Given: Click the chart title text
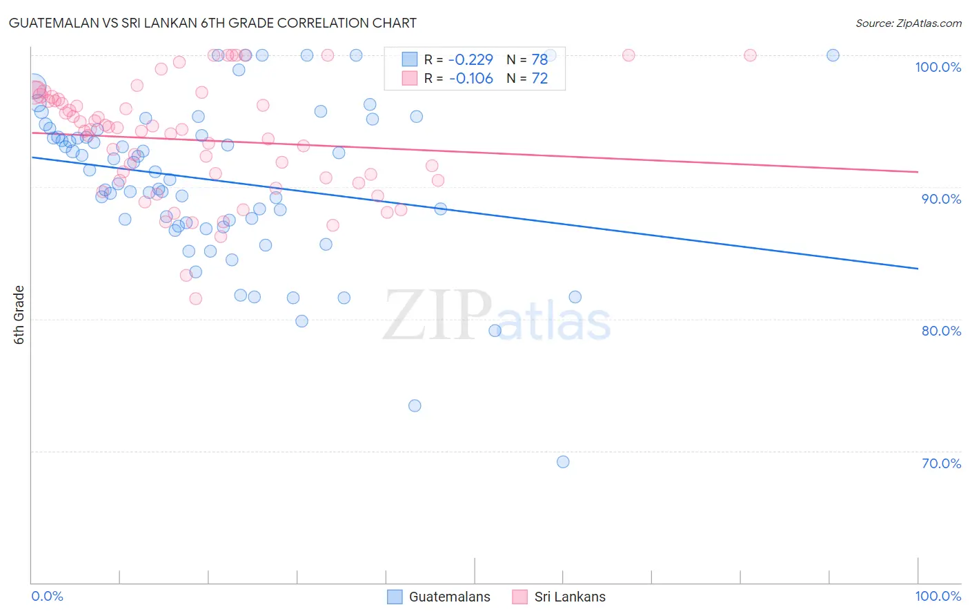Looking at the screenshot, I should (212, 23).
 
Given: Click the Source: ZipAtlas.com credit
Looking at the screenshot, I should (908, 23).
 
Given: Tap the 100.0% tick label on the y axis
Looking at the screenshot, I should (938, 67).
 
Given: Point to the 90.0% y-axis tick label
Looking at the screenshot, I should (941, 199).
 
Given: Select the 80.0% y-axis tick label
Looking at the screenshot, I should (941, 331).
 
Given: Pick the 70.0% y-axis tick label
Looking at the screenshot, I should (941, 463).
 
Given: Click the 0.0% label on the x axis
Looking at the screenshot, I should (47, 596).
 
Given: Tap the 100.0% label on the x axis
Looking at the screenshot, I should (938, 596).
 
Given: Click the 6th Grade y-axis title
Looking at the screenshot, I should (19, 315).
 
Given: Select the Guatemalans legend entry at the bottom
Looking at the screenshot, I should (439, 597).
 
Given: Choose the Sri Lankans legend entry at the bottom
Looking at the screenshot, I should (560, 597).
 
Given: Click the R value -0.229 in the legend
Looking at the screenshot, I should (471, 59).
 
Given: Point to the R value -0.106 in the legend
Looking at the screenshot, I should (471, 78).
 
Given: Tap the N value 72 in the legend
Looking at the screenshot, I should (540, 78).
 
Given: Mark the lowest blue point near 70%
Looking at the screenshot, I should (563, 462).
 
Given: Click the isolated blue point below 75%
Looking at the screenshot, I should (415, 405).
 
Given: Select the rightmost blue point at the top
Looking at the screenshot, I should (833, 55).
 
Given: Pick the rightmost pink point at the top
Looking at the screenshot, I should (750, 55).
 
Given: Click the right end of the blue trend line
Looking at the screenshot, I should (918, 268).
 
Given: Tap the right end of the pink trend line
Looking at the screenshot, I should (918, 171).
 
